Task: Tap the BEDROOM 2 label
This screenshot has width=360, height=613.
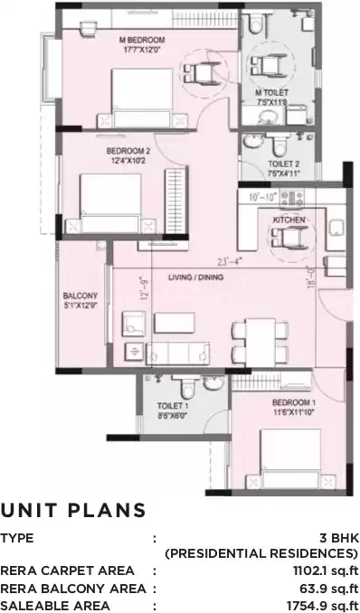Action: (127, 150)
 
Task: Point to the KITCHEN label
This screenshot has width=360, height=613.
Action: (289, 220)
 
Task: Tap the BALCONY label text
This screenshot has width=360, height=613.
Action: (75, 296)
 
